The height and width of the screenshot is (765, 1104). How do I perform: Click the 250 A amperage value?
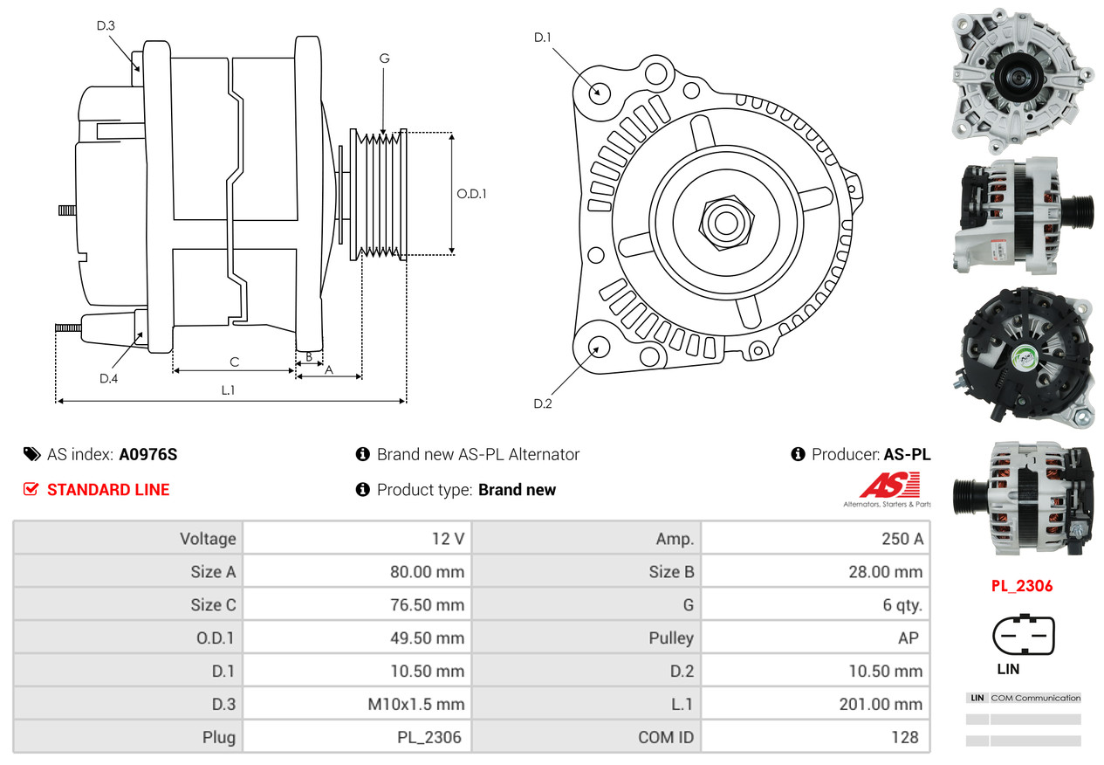coord(902,539)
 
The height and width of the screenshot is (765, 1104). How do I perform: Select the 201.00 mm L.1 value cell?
coord(881,704)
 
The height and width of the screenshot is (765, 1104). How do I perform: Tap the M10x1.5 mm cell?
coord(415,704)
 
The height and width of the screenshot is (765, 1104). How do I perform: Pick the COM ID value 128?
coord(904,737)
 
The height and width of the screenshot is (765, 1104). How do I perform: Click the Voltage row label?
coord(208,539)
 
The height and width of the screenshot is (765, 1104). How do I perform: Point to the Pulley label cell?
coord(671,637)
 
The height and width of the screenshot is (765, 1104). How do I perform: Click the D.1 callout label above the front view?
coord(543,38)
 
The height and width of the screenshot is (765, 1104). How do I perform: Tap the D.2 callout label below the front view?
coord(543,403)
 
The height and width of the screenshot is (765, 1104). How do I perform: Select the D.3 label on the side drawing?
coord(106,25)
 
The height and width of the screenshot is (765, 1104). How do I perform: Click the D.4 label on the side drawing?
coord(108,378)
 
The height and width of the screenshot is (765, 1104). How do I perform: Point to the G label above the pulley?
coord(384,59)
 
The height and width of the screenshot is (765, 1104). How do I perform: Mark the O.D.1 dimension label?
coord(471,194)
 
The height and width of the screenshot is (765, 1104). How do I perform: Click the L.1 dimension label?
coord(228,390)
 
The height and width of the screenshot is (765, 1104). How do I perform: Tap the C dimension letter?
coord(234,362)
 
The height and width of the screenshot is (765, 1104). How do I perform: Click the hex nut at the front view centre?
coord(723,221)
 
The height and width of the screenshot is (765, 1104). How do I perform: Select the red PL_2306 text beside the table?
coord(1022,586)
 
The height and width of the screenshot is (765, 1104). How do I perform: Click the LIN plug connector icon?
coord(1023,637)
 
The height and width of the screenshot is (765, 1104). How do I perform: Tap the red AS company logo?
coord(889,487)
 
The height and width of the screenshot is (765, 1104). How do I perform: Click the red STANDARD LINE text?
coord(108,490)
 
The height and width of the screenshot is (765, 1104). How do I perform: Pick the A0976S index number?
coord(148,455)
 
